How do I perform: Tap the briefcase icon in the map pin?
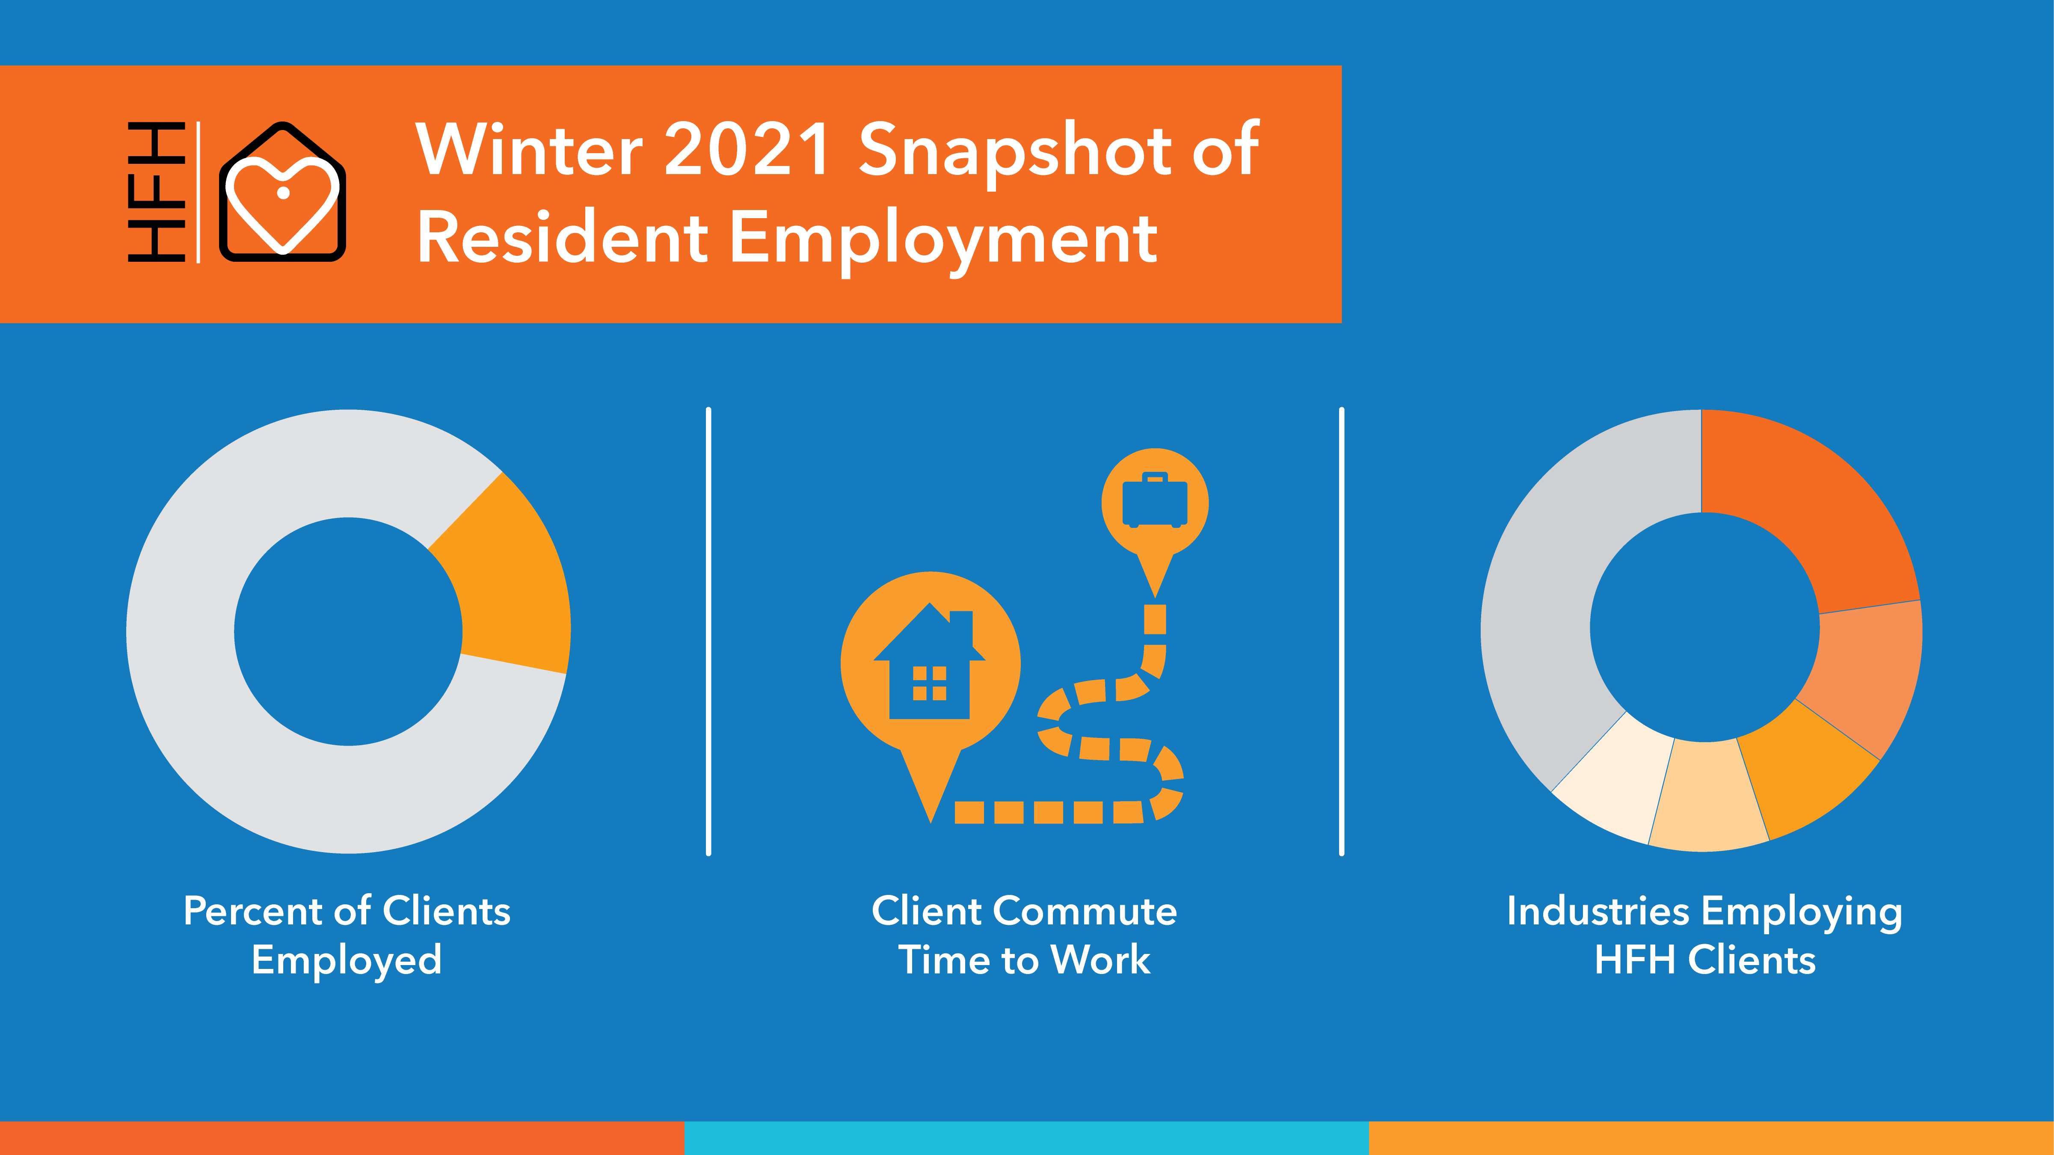[1155, 500]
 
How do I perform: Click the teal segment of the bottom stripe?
[1026, 1138]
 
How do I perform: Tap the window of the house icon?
[930, 683]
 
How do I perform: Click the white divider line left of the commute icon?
[708, 631]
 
